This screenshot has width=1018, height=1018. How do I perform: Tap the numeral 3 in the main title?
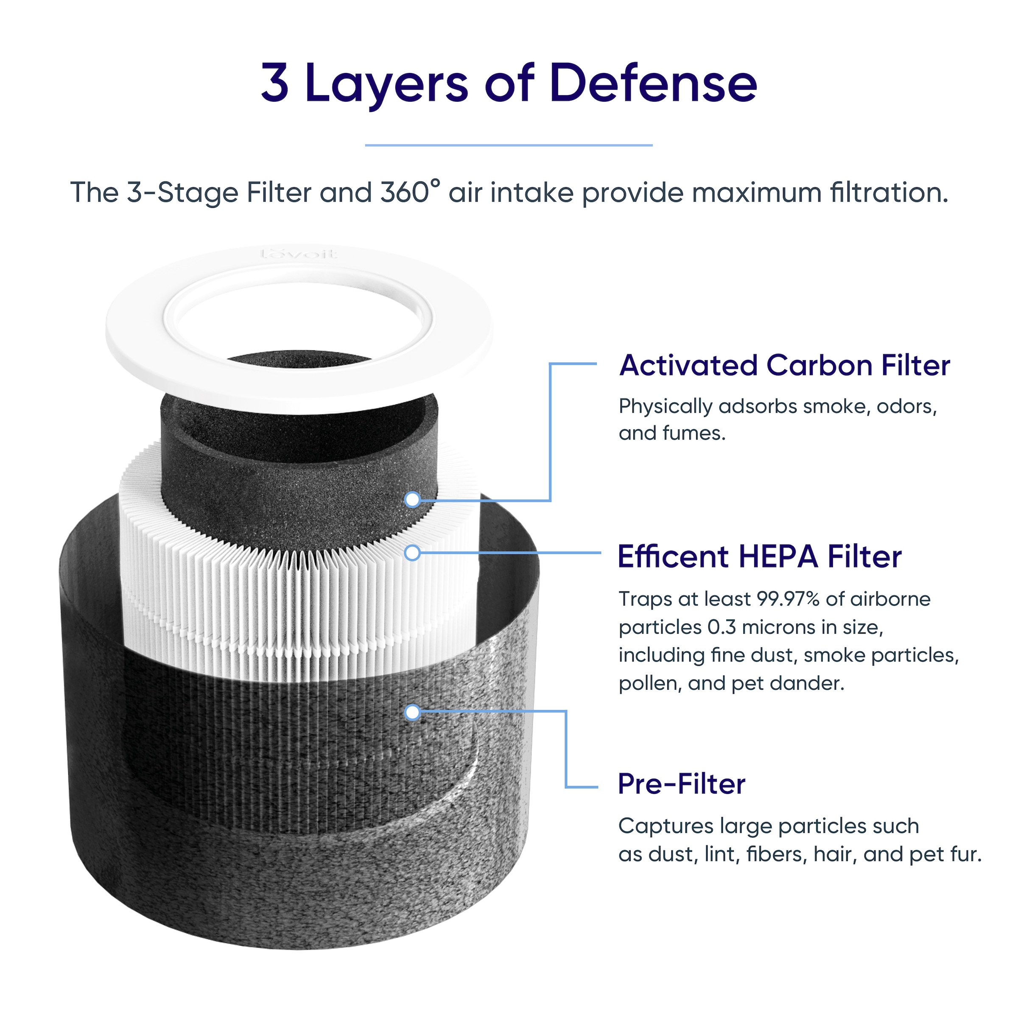pyautogui.click(x=275, y=83)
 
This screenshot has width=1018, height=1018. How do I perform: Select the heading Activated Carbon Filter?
pyautogui.click(x=784, y=366)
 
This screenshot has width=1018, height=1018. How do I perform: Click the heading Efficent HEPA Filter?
pyautogui.click(x=759, y=557)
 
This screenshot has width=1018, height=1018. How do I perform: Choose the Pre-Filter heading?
pyautogui.click(x=681, y=784)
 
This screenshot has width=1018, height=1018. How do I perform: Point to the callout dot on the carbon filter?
pyautogui.click(x=413, y=499)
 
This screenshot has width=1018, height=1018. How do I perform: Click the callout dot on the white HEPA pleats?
pyautogui.click(x=413, y=553)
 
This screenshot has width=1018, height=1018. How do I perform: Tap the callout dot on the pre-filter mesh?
pyautogui.click(x=413, y=713)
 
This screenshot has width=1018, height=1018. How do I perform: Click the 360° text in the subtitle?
pyautogui.click(x=410, y=192)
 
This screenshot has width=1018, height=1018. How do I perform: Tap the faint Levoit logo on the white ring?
pyautogui.click(x=299, y=254)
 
